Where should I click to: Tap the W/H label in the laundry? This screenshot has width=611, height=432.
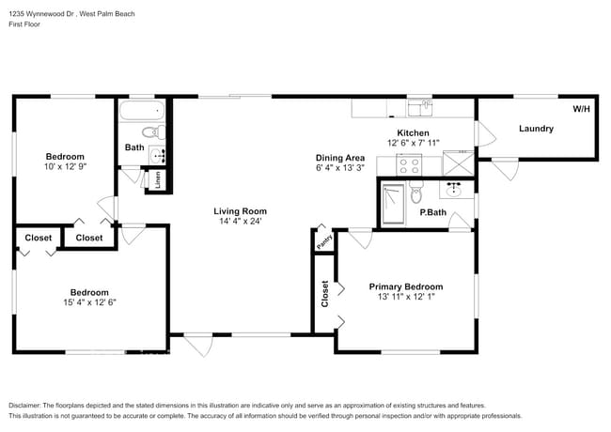pyautogui.click(x=582, y=109)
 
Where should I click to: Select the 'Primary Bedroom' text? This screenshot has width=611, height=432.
pyautogui.click(x=405, y=286)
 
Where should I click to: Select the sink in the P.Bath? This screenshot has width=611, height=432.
pyautogui.click(x=457, y=189)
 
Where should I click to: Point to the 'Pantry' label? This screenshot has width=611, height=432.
pyautogui.click(x=321, y=240)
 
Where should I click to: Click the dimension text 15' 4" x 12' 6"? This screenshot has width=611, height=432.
pyautogui.click(x=90, y=302)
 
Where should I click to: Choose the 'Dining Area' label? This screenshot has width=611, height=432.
pyautogui.click(x=339, y=158)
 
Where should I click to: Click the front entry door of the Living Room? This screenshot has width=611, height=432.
pyautogui.click(x=197, y=345)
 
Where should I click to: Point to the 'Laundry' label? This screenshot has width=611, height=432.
pyautogui.click(x=536, y=129)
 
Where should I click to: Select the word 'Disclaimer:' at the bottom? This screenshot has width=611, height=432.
pyautogui.click(x=30, y=403)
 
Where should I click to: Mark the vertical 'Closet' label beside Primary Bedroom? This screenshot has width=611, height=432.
pyautogui.click(x=324, y=295)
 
